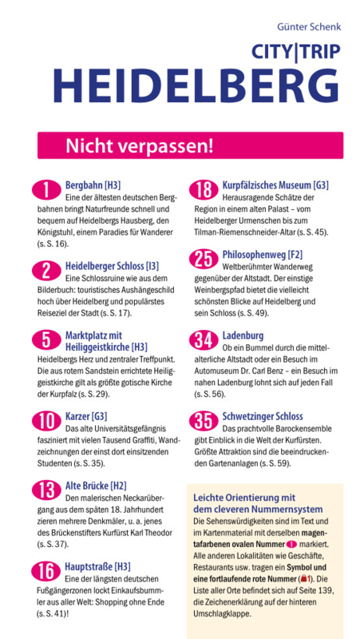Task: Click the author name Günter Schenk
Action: coord(309,27)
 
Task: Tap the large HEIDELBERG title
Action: coord(196,86)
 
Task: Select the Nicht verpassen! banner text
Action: coord(139,146)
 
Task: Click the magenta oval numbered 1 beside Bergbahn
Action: coord(46,190)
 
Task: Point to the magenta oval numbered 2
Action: coord(46,271)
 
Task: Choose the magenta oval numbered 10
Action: coord(46,421)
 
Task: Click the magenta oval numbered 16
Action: coord(46,571)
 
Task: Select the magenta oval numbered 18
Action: coord(204,190)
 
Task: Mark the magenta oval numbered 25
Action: coord(204,260)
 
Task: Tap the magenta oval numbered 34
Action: coord(204,340)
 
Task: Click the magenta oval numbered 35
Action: coord(204,421)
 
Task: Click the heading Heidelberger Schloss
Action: coord(105,267)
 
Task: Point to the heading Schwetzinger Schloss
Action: coord(263,416)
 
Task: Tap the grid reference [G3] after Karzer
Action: coord(99,416)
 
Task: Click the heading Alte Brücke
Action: coord(87,486)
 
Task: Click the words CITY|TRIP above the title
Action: coord(296,52)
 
